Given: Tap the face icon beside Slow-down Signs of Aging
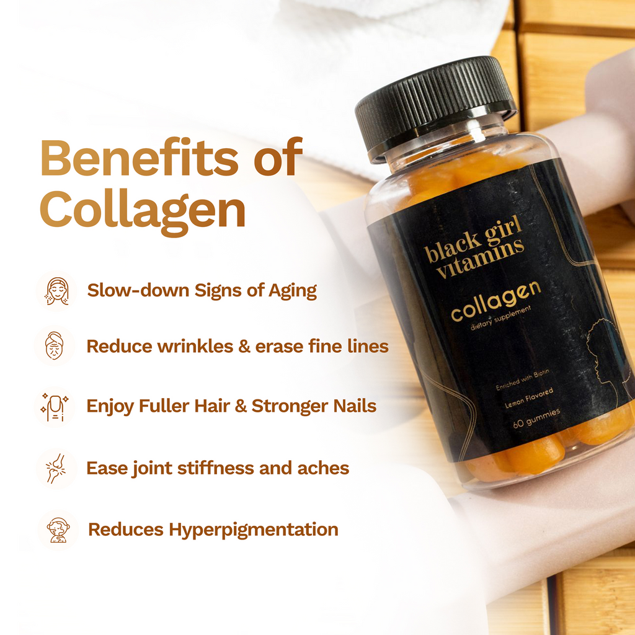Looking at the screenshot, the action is tap(57, 291).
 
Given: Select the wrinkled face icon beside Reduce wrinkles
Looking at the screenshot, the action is tap(55, 345).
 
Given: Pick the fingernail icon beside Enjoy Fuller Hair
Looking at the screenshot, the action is tap(55, 406).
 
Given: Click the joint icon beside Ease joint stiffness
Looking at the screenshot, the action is tap(56, 468).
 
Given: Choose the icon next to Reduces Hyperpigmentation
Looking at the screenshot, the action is tap(58, 530).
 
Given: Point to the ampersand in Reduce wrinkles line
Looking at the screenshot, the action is tap(244, 346).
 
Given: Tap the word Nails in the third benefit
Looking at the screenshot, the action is tap(355, 406).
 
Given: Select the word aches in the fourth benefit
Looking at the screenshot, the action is tap(323, 468).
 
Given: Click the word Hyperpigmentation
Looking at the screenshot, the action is tap(254, 530).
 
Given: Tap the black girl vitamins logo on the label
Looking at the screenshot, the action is tap(474, 247).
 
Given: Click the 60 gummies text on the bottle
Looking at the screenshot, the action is tap(536, 418).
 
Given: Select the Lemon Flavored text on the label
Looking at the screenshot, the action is tap(529, 398).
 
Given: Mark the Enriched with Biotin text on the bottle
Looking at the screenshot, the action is tap(522, 380).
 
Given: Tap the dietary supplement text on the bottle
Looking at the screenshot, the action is tap(500, 318).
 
